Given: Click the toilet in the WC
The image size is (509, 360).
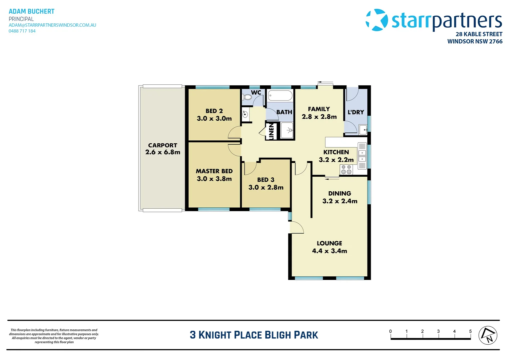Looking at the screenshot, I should [247, 97].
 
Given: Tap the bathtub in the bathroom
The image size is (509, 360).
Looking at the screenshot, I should [280, 96].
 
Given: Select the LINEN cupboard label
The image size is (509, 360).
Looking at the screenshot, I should [271, 131].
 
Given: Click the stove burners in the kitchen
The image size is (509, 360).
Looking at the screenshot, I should [346, 170].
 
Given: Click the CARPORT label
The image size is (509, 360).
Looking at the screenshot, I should [163, 145].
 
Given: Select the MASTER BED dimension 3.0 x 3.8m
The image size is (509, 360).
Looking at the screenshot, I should [214, 179].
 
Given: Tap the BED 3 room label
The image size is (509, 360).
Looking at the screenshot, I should [265, 180].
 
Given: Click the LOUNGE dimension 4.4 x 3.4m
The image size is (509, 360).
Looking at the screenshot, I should [329, 251].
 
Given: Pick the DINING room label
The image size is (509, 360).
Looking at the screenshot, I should [339, 193].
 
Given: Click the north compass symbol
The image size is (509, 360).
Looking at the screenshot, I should [488, 335].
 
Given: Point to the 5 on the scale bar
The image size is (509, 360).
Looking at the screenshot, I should [470, 331].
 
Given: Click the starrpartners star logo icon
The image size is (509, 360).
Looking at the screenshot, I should [377, 20].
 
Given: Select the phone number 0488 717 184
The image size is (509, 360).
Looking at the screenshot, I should [22, 31].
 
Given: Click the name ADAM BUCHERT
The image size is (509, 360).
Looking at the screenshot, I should [32, 11].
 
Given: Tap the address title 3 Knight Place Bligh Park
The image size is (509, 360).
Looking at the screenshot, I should [254, 335].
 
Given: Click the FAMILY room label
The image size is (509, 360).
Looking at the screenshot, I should [319, 109].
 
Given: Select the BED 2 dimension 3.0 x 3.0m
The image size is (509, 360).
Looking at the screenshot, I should [214, 119].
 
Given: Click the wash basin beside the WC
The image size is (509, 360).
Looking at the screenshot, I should [245, 114].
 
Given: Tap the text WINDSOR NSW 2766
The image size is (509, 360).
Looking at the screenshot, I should [475, 41].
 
